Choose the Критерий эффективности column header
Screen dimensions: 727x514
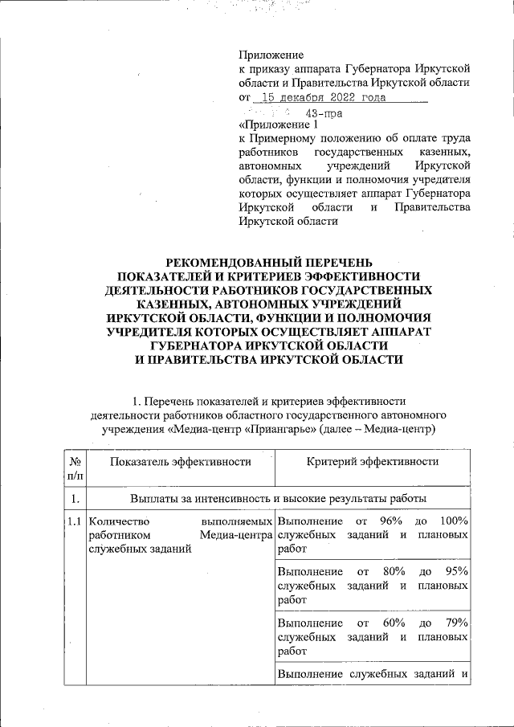tap(373, 461)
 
